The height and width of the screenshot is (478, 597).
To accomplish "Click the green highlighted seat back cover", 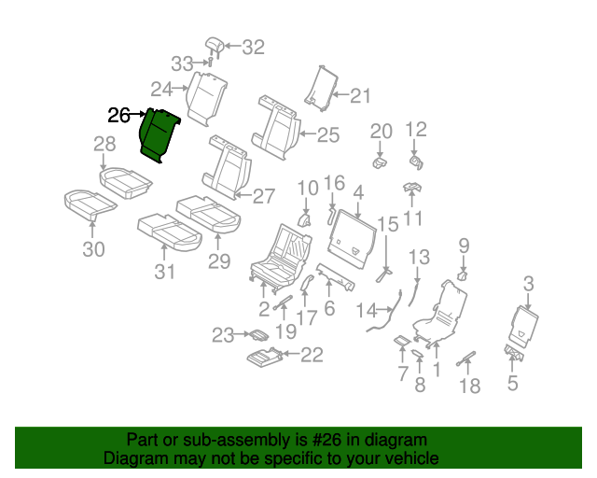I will (159, 134).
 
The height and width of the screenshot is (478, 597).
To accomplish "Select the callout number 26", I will (119, 116).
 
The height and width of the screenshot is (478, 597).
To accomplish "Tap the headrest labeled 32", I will (214, 45).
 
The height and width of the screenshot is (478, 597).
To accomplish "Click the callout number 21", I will (360, 94).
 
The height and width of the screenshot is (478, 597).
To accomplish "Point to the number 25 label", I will (327, 135).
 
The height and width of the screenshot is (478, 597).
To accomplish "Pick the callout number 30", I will (94, 249).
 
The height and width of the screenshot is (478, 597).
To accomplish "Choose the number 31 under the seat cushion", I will (165, 272).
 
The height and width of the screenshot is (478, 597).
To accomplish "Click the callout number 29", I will (219, 263).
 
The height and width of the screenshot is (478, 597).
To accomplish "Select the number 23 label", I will (222, 335).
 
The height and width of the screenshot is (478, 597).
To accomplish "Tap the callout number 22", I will (312, 354).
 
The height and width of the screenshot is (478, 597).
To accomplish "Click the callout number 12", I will (416, 130).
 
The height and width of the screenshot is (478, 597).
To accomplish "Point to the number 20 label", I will (382, 131).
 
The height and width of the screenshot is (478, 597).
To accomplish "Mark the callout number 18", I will (471, 386).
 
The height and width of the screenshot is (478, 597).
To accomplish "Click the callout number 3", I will (529, 284).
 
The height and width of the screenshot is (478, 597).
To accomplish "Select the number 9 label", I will (464, 246).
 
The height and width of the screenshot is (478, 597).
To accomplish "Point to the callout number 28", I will (104, 144).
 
